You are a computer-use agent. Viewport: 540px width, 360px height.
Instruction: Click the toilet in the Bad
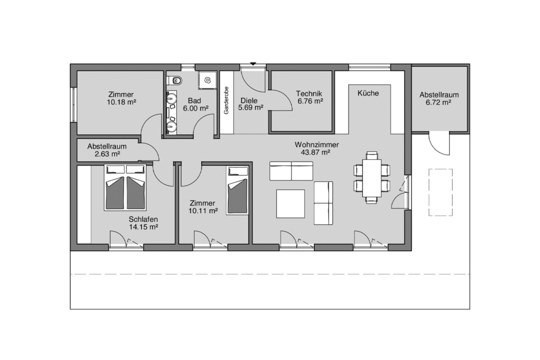175,81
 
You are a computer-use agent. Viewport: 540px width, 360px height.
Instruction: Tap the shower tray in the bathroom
207,80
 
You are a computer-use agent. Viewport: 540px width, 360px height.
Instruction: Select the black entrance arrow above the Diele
253,64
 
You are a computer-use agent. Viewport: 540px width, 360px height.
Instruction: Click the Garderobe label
226,100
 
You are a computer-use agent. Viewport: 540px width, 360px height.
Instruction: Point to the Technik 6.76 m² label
310,97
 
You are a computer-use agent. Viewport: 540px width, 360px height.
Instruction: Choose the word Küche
368,93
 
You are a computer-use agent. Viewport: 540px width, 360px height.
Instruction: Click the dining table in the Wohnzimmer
372,178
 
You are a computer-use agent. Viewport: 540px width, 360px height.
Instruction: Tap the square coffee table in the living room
290,203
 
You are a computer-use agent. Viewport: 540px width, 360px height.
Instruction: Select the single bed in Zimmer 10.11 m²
237,190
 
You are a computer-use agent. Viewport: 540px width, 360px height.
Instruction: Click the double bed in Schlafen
125,187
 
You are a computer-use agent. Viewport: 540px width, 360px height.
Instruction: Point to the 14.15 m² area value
143,227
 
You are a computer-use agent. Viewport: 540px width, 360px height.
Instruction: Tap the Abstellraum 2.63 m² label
107,150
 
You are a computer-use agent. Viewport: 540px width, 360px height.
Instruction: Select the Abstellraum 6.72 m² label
439,99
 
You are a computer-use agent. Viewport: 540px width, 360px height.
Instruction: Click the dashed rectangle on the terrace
440,192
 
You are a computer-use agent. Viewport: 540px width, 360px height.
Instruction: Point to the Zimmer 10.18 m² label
121,98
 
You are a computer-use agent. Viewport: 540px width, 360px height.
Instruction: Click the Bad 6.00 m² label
195,105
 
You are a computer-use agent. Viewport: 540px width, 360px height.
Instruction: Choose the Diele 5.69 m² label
251,104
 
